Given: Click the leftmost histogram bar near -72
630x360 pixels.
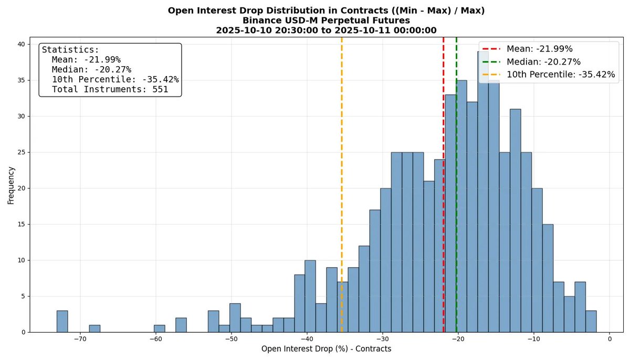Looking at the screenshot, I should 62,321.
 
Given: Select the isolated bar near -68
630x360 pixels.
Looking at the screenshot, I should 94,329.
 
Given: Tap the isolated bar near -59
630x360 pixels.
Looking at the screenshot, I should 160,329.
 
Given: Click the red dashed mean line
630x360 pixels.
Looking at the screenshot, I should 444,210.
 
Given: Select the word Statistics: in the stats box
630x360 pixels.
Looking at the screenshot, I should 70,50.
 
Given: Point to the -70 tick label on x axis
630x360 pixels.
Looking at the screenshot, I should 80,340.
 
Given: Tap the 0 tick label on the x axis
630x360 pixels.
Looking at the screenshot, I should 610,340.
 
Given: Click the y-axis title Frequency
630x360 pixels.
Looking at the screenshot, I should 11,185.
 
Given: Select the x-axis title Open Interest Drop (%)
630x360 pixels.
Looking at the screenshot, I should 327,349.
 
